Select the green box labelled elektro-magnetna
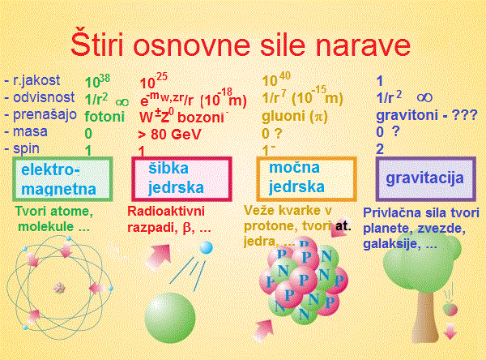pyautogui.click(x=62, y=180)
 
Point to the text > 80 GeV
pyautogui.click(x=170, y=133)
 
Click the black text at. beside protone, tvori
pyautogui.click(x=343, y=225)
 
